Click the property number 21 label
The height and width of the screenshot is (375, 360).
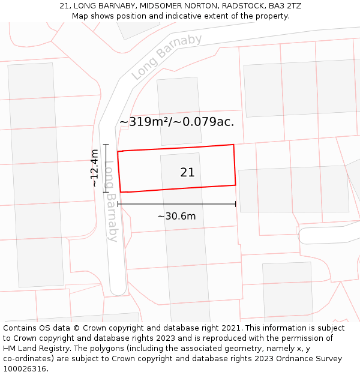pos(187,173)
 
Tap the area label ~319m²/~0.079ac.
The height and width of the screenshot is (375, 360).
pos(177,122)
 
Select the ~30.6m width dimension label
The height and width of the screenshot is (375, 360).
pos(176,216)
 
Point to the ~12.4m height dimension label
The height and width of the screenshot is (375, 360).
pos(95,168)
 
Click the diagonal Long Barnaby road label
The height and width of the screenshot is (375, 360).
pos(166,57)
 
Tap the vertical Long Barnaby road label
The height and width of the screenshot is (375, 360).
pos(111,200)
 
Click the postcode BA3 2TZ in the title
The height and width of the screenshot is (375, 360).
pos(285,6)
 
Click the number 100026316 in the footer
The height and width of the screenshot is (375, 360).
pos(25,369)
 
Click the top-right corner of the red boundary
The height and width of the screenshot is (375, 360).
pos(233,145)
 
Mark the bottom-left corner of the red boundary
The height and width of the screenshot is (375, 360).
pos(121,192)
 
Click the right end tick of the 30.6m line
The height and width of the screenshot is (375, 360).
pos(236,204)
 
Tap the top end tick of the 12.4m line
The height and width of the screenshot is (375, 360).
pos(106,144)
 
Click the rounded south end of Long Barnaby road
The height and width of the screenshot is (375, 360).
pos(118,292)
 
